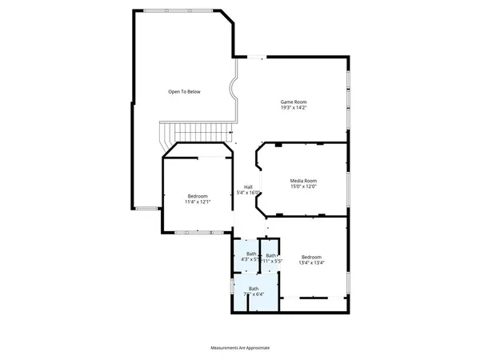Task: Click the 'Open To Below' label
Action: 184,92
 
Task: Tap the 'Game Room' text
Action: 293,102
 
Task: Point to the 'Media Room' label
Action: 303,181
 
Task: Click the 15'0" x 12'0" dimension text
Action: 303,186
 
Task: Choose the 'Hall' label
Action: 248,187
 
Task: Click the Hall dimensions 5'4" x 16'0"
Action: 248,193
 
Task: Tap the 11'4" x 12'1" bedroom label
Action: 198,202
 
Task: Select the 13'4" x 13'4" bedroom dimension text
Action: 311,262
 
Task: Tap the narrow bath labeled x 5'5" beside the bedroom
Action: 272,258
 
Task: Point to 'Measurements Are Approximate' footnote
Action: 240,348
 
